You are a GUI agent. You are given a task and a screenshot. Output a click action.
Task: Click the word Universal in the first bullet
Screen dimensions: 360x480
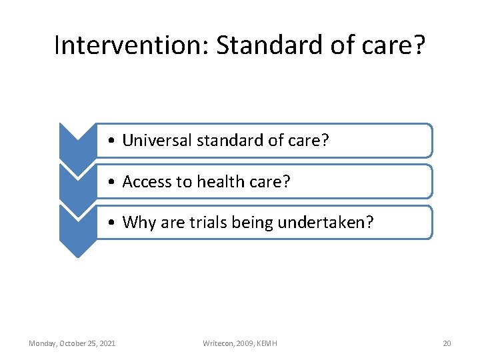pyautogui.click(x=157, y=141)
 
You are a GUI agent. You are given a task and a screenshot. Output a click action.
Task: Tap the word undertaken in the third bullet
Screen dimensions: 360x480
pyautogui.click(x=328, y=223)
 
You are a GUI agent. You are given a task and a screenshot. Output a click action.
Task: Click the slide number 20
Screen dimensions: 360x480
pyautogui.click(x=447, y=343)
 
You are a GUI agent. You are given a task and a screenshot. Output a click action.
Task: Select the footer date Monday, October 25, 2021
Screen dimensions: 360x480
pyautogui.click(x=72, y=343)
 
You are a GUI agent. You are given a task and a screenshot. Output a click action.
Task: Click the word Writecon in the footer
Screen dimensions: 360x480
pyautogui.click(x=218, y=343)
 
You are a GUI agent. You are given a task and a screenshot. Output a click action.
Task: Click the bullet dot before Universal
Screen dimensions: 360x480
pyautogui.click(x=115, y=141)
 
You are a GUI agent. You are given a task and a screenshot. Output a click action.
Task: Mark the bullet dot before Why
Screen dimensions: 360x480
pyautogui.click(x=115, y=223)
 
